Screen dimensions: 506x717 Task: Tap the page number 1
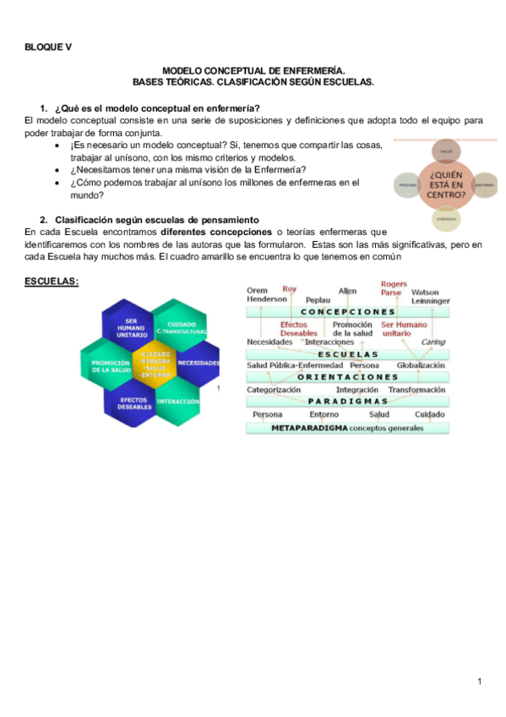pyautogui.click(x=479, y=681)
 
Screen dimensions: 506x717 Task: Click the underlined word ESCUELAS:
pyautogui.click(x=52, y=281)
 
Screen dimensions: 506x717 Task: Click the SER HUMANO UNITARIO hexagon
pyautogui.click(x=131, y=329)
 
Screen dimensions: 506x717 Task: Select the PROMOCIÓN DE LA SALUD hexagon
pyautogui.click(x=110, y=364)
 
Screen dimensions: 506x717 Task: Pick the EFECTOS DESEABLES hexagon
pyautogui.click(x=135, y=403)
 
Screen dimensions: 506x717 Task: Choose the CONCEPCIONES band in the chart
pyautogui.click(x=347, y=311)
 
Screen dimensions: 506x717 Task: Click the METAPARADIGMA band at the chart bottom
pyautogui.click(x=347, y=429)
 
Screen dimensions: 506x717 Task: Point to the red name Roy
pyautogui.click(x=290, y=289)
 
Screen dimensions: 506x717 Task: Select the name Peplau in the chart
pyautogui.click(x=317, y=300)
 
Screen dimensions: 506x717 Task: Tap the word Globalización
pyautogui.click(x=421, y=364)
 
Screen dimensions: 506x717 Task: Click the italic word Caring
pyautogui.click(x=433, y=342)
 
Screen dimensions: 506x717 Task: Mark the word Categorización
pyautogui.click(x=274, y=390)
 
